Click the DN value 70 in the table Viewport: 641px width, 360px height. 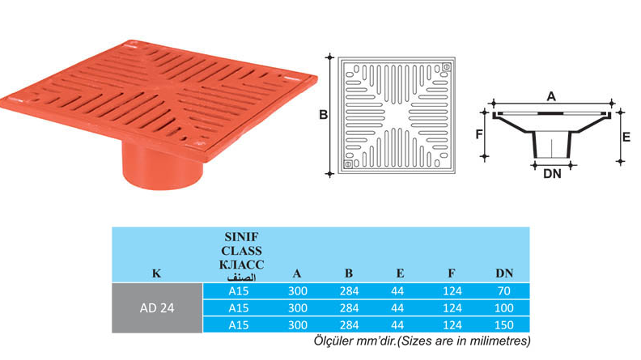[503, 291]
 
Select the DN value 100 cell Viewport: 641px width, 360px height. [503, 308]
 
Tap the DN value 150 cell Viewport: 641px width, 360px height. [503, 325]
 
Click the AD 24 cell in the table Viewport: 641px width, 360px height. [157, 308]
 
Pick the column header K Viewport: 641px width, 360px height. [156, 273]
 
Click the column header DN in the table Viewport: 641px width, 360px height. [504, 273]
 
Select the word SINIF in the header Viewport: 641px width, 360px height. [241, 237]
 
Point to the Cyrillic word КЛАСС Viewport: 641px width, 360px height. [241, 265]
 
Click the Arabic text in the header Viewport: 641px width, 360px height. [241, 277]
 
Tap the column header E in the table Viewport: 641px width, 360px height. [400, 273]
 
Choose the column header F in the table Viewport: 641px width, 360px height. [452, 273]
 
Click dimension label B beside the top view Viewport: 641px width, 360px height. [324, 115]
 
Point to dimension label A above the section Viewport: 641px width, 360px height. [551, 96]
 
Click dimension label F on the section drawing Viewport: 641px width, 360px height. [479, 134]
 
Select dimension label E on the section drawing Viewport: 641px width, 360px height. [626, 137]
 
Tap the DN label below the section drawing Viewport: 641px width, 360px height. [552, 174]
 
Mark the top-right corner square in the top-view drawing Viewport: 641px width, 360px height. [447, 66]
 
